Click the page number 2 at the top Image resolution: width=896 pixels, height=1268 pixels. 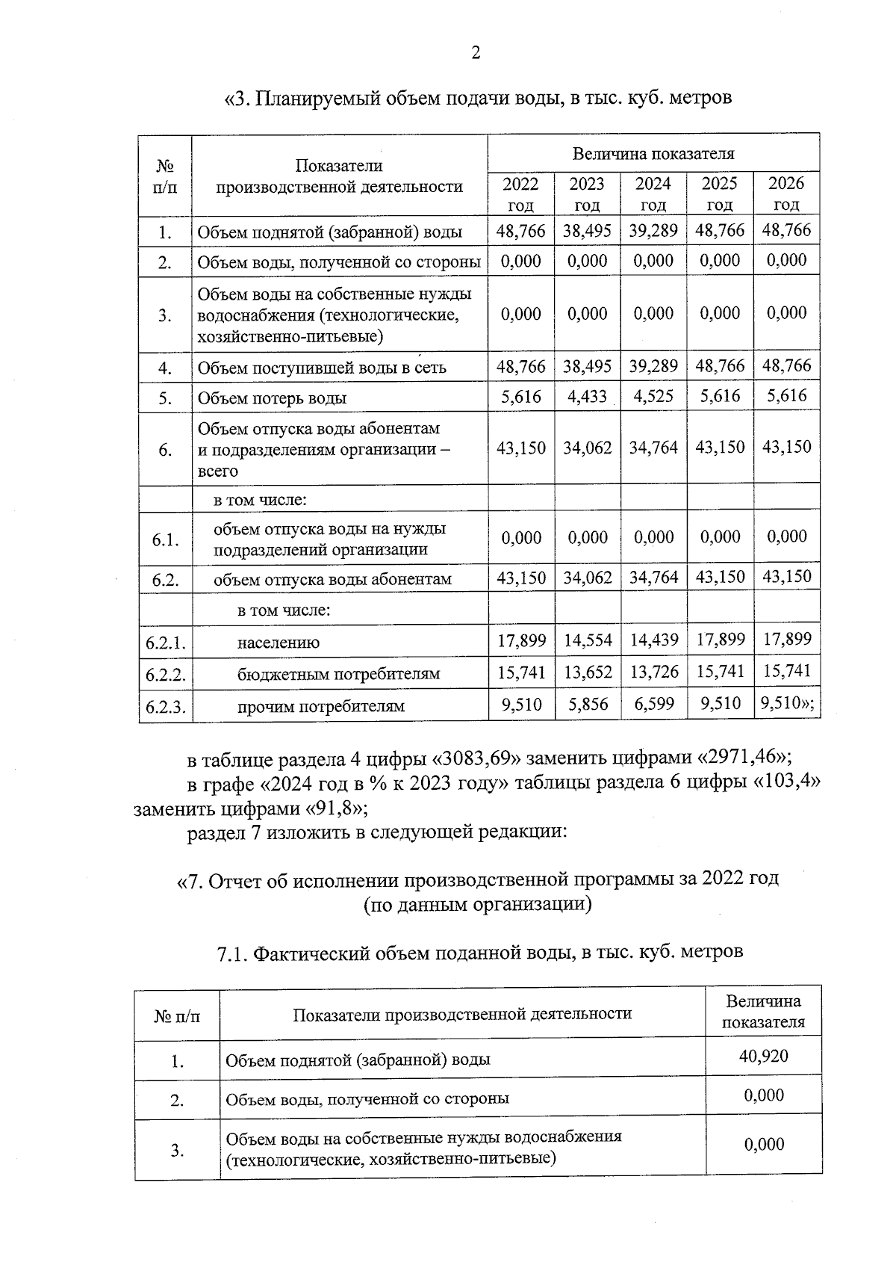(476, 53)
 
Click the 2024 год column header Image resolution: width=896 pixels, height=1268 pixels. (653, 194)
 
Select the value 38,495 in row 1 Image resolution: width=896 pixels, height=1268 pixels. (587, 231)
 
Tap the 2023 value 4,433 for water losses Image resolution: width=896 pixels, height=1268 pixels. (587, 396)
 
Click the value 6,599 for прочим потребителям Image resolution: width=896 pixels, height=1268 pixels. (653, 704)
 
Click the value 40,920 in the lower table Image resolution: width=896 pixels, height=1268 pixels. (764, 1056)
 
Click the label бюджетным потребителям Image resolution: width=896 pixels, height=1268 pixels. (338, 674)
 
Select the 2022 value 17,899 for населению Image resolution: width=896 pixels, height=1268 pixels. (521, 640)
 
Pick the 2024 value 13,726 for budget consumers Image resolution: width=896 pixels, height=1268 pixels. (653, 672)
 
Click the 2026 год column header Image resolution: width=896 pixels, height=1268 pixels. (786, 194)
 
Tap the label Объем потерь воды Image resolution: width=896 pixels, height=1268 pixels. (272, 398)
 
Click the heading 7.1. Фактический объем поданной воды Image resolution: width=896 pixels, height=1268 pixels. (479, 952)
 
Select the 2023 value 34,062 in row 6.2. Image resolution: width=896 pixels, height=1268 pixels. (587, 578)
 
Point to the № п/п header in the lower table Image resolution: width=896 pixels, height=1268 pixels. (177, 1015)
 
